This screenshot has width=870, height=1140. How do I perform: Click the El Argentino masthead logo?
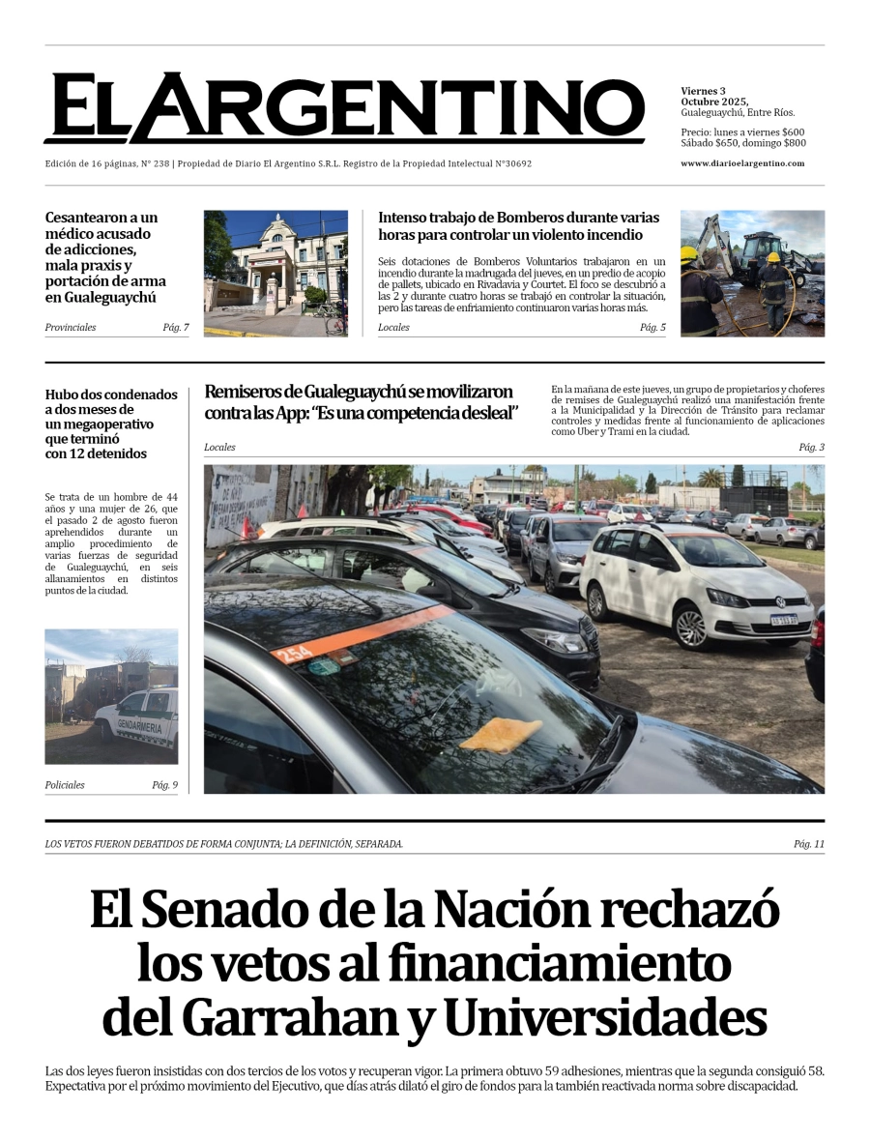tap(343, 107)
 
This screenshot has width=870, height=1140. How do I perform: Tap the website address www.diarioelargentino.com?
tap(741, 163)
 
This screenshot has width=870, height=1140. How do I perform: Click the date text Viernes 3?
tap(703, 91)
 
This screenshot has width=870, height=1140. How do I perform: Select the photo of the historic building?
tap(275, 273)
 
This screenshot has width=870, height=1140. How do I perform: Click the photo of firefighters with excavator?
tap(752, 273)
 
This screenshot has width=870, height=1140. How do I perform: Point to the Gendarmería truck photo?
tap(111, 696)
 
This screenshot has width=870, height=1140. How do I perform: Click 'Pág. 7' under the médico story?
tap(175, 328)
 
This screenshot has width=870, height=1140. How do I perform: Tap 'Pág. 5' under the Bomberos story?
tap(652, 328)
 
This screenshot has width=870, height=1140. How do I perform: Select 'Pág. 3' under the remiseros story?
tap(811, 448)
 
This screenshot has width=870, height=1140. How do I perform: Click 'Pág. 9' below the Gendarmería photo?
tap(164, 785)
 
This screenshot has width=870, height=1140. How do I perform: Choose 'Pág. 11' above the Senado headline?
tap(808, 844)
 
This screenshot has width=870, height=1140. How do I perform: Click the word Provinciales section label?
tap(71, 328)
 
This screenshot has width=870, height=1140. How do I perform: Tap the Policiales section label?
tap(65, 785)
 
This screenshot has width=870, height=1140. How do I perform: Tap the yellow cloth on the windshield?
tap(501, 735)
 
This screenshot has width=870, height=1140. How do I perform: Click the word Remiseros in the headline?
tap(246, 393)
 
